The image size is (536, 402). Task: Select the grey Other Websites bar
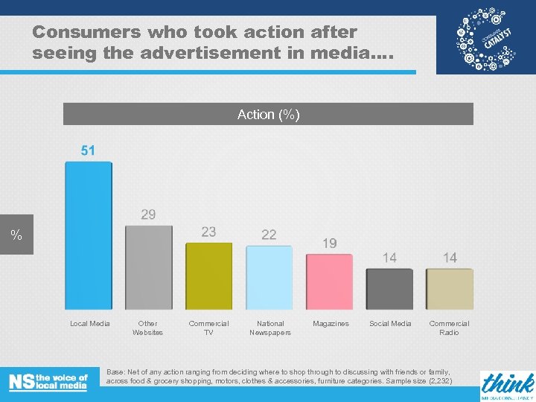click(x=148, y=267)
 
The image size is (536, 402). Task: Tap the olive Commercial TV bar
click(x=208, y=276)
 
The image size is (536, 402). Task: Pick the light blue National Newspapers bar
click(x=269, y=278)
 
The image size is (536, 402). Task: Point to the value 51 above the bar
click(x=88, y=150)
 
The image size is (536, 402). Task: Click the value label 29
click(x=148, y=214)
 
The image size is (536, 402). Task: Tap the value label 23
click(x=208, y=232)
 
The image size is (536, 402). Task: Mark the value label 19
click(x=329, y=243)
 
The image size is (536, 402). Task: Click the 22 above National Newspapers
click(x=269, y=234)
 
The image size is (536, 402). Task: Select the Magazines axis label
click(x=331, y=324)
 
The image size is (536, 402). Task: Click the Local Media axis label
click(x=90, y=324)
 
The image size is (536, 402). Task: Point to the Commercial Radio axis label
click(x=449, y=328)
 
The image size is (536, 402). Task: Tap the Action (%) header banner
click(x=268, y=114)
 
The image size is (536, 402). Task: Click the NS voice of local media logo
click(x=48, y=382)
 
